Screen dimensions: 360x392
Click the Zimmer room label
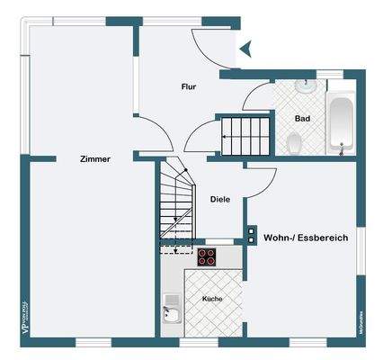(x=94, y=159)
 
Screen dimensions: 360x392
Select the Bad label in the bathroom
(x=304, y=118)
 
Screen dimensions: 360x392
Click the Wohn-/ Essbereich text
(x=306, y=238)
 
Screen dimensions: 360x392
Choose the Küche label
(x=212, y=298)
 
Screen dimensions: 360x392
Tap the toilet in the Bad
(x=294, y=142)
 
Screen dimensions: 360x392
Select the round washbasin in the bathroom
(x=306, y=87)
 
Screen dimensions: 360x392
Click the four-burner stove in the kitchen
(x=207, y=256)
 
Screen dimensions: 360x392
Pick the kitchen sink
(x=171, y=311)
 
